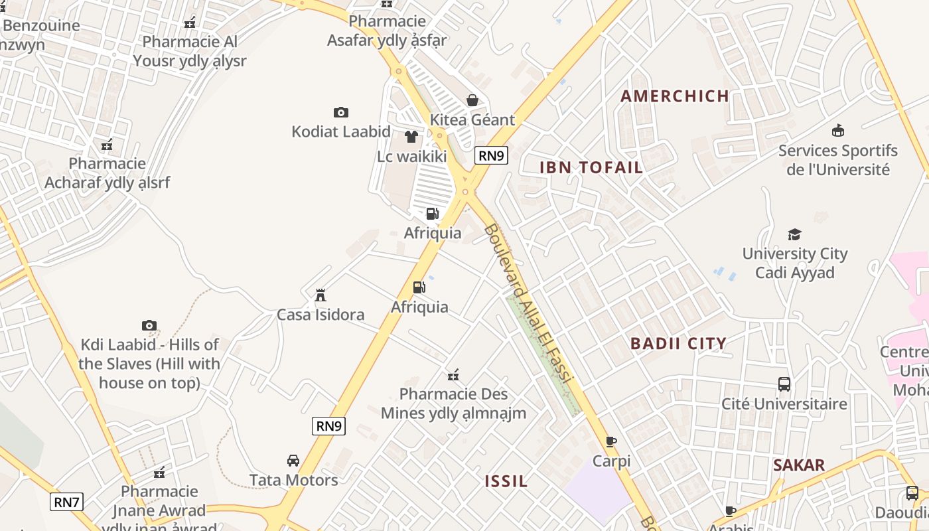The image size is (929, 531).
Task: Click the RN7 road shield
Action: pyautogui.click(x=66, y=502)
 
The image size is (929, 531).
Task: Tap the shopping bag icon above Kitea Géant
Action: pyautogui.click(x=472, y=100)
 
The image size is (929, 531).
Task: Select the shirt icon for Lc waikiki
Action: pyautogui.click(x=411, y=137)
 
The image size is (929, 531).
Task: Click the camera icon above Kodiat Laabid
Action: pyautogui.click(x=341, y=112)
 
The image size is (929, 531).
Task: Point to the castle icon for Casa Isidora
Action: pyautogui.click(x=321, y=295)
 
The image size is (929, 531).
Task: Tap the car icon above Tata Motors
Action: pyautogui.click(x=293, y=460)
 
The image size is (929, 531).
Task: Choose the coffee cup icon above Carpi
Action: pyautogui.click(x=611, y=441)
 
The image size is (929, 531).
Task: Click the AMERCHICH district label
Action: pyautogui.click(x=675, y=96)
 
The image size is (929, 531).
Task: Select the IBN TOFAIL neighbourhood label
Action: pyautogui.click(x=591, y=167)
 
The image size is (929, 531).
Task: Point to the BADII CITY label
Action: pyautogui.click(x=678, y=343)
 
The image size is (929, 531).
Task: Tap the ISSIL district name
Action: pyautogui.click(x=506, y=482)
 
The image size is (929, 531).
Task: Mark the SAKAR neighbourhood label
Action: pyautogui.click(x=799, y=465)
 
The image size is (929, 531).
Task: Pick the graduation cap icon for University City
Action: pyautogui.click(x=794, y=234)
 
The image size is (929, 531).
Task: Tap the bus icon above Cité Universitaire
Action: pyautogui.click(x=784, y=384)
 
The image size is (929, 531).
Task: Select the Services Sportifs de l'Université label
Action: pyautogui.click(x=838, y=160)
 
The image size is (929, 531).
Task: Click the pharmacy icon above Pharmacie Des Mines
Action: pyautogui.click(x=453, y=375)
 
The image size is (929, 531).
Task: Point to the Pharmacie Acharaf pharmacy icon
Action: pyautogui.click(x=107, y=144)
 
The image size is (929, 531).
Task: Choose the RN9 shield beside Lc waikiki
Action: pyautogui.click(x=492, y=156)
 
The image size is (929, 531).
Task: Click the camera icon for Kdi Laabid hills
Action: pyautogui.click(x=149, y=325)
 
